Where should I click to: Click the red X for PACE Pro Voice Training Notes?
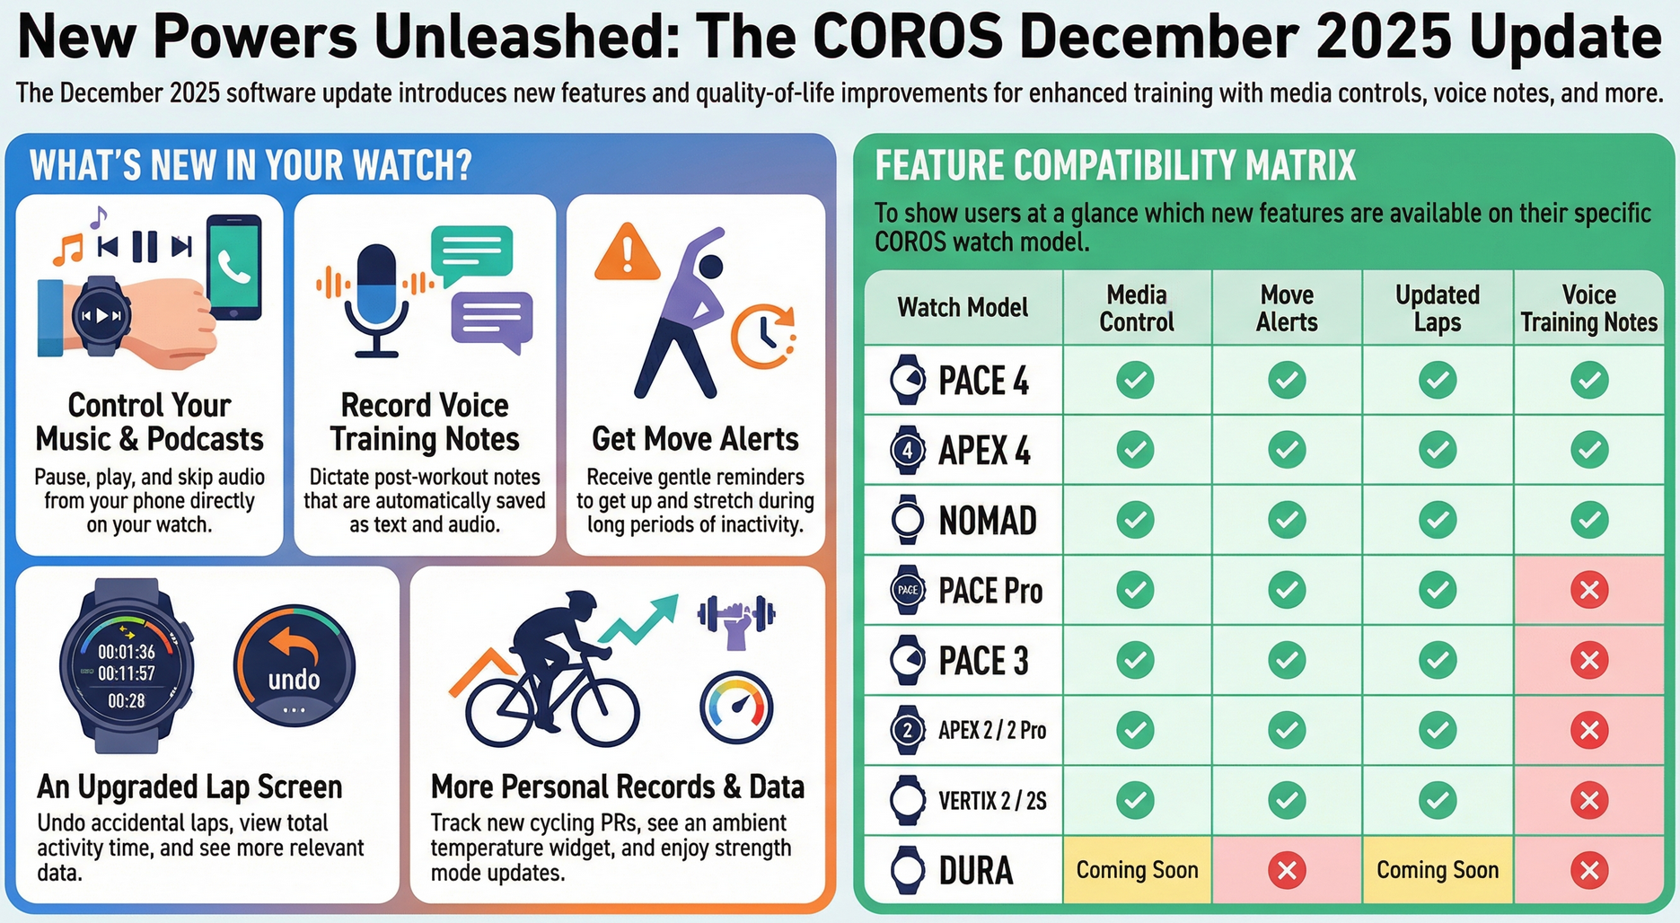click(1588, 590)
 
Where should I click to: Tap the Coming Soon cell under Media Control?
click(1137, 870)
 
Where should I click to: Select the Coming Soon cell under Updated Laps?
click(1437, 870)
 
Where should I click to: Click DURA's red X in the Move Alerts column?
click(1287, 870)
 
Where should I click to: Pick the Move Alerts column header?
click(1287, 308)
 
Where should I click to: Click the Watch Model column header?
click(963, 308)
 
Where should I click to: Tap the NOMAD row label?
click(987, 521)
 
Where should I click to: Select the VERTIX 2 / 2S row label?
click(992, 800)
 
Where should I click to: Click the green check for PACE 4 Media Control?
click(1135, 380)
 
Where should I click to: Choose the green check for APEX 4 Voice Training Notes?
click(1588, 449)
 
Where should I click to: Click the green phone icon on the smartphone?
click(234, 267)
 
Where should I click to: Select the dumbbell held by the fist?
click(736, 615)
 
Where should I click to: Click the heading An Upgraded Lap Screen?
click(189, 787)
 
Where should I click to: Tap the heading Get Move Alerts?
click(695, 439)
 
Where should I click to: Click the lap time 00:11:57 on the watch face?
click(127, 673)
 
